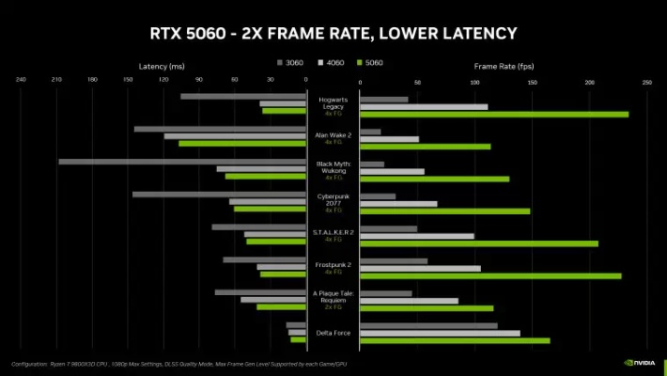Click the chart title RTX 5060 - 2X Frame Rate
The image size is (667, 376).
click(x=333, y=33)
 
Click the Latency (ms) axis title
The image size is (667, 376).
click(x=162, y=66)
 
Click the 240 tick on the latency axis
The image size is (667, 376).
click(x=21, y=80)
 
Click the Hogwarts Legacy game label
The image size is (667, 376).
click(x=333, y=102)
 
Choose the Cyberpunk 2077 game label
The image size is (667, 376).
click(x=333, y=201)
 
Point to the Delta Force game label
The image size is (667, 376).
click(x=333, y=333)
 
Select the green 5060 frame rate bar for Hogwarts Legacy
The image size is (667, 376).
click(x=494, y=115)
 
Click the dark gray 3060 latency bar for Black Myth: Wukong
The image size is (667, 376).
click(x=182, y=162)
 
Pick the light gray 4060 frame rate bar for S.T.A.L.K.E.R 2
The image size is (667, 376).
click(x=417, y=235)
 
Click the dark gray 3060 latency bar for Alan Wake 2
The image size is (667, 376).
click(x=220, y=129)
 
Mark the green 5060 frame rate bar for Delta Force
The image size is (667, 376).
click(x=455, y=340)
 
